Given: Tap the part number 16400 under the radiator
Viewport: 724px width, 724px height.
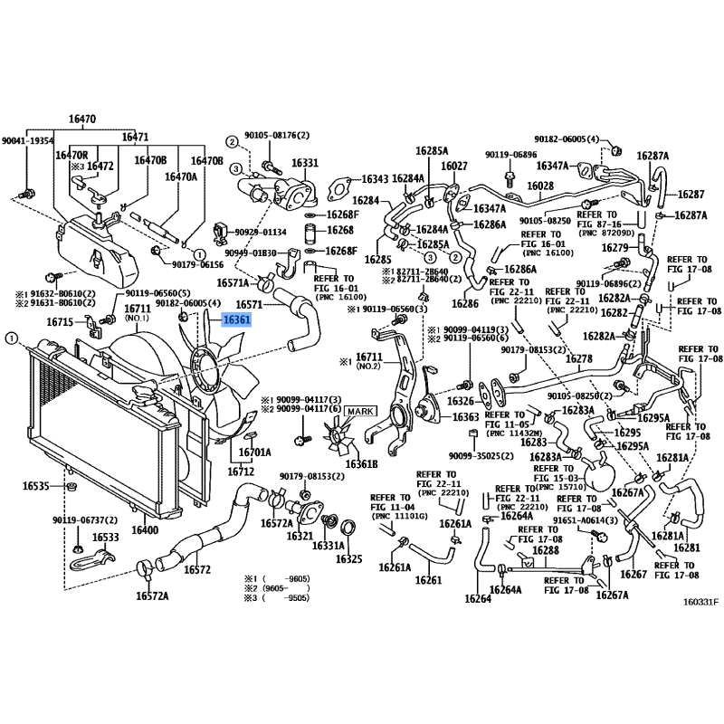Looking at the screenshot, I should pos(146,529).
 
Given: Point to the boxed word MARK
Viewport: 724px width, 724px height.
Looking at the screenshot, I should pos(359,412).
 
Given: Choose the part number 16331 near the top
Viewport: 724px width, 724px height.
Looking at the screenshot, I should pos(305,163).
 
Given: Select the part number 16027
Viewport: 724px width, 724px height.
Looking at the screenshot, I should pos(453,166).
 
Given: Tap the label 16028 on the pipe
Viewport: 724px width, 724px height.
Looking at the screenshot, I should pos(540,186).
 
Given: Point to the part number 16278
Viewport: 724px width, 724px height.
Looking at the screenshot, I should pos(579,359).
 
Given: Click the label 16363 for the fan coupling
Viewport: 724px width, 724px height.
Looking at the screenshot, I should pos(466,416).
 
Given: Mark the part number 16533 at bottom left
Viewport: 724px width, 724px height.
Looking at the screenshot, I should pos(106,537).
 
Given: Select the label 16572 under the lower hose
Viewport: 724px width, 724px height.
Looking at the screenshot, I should pos(196,570).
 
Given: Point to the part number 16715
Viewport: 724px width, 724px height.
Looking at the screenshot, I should pos(60,322).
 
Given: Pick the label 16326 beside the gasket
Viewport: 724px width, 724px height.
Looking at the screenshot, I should pos(461,400).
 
